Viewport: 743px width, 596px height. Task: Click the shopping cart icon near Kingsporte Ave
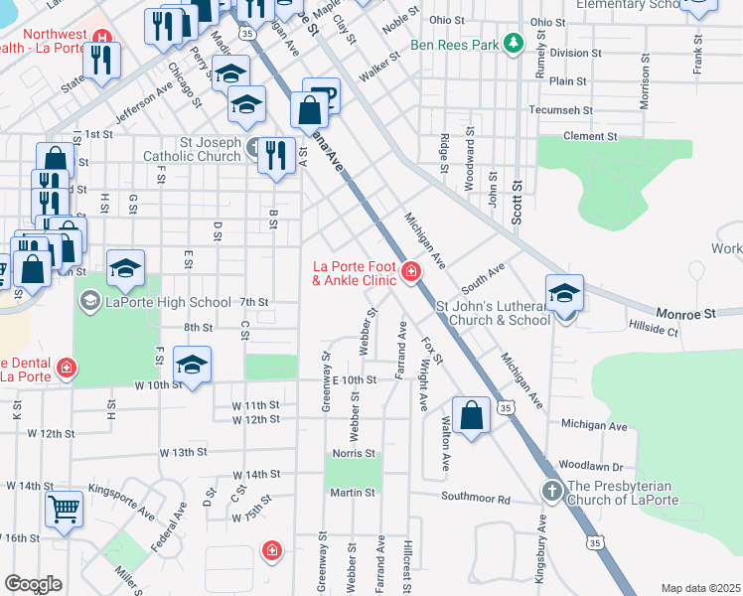point(64,510)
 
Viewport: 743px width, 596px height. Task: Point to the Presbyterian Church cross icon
point(552,491)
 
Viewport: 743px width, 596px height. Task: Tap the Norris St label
point(354,453)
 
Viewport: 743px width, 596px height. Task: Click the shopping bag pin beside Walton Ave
point(472,414)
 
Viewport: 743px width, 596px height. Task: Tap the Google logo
point(33,584)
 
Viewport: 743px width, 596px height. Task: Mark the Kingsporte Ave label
point(122,503)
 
